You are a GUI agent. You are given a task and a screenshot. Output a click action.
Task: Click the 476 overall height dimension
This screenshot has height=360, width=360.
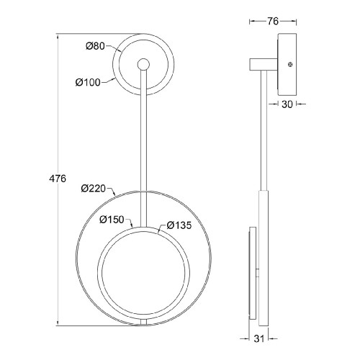coord(58,179)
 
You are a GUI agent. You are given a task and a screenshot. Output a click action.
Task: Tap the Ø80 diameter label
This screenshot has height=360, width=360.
coord(95,46)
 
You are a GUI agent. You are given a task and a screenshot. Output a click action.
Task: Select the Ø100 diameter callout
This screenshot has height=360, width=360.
coord(88,82)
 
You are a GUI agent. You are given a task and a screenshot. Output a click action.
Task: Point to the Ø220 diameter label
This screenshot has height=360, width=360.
coord(94,189)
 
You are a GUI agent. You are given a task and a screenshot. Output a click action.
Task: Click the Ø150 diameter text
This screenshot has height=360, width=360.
coord(112,220)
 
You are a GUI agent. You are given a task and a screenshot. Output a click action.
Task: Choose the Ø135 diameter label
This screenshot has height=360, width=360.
coord(179,225)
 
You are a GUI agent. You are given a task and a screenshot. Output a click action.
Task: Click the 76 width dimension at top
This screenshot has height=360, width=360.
coord(273,22)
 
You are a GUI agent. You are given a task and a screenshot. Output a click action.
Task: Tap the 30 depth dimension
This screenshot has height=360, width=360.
coord(287,104)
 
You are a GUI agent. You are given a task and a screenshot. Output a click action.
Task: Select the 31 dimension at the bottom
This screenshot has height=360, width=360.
coord(259,338)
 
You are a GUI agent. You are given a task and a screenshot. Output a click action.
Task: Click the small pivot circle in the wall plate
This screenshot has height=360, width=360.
coord(143,64)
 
